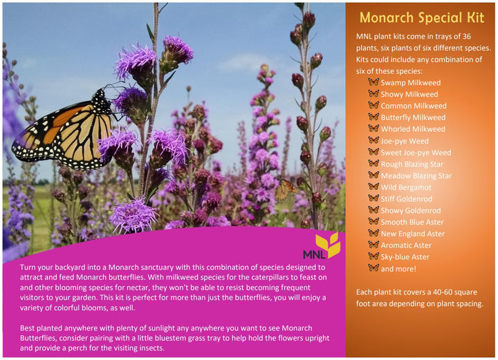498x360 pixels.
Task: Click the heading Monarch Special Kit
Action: click(x=421, y=17)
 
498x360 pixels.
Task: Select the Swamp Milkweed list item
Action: click(x=410, y=82)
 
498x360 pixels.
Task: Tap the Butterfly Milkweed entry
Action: click(x=413, y=117)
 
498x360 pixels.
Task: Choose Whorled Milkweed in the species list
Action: click(x=413, y=129)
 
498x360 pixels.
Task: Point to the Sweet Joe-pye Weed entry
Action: click(x=416, y=153)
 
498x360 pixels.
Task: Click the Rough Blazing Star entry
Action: click(x=412, y=164)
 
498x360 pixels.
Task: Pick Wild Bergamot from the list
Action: click(x=406, y=187)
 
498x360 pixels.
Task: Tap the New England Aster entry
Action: click(x=413, y=234)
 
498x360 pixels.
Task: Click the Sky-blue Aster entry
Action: click(x=405, y=257)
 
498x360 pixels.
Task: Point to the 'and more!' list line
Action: click(x=398, y=269)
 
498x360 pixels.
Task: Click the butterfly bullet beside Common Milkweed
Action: click(x=373, y=106)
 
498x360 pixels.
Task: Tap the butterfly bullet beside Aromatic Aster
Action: click(x=373, y=245)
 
